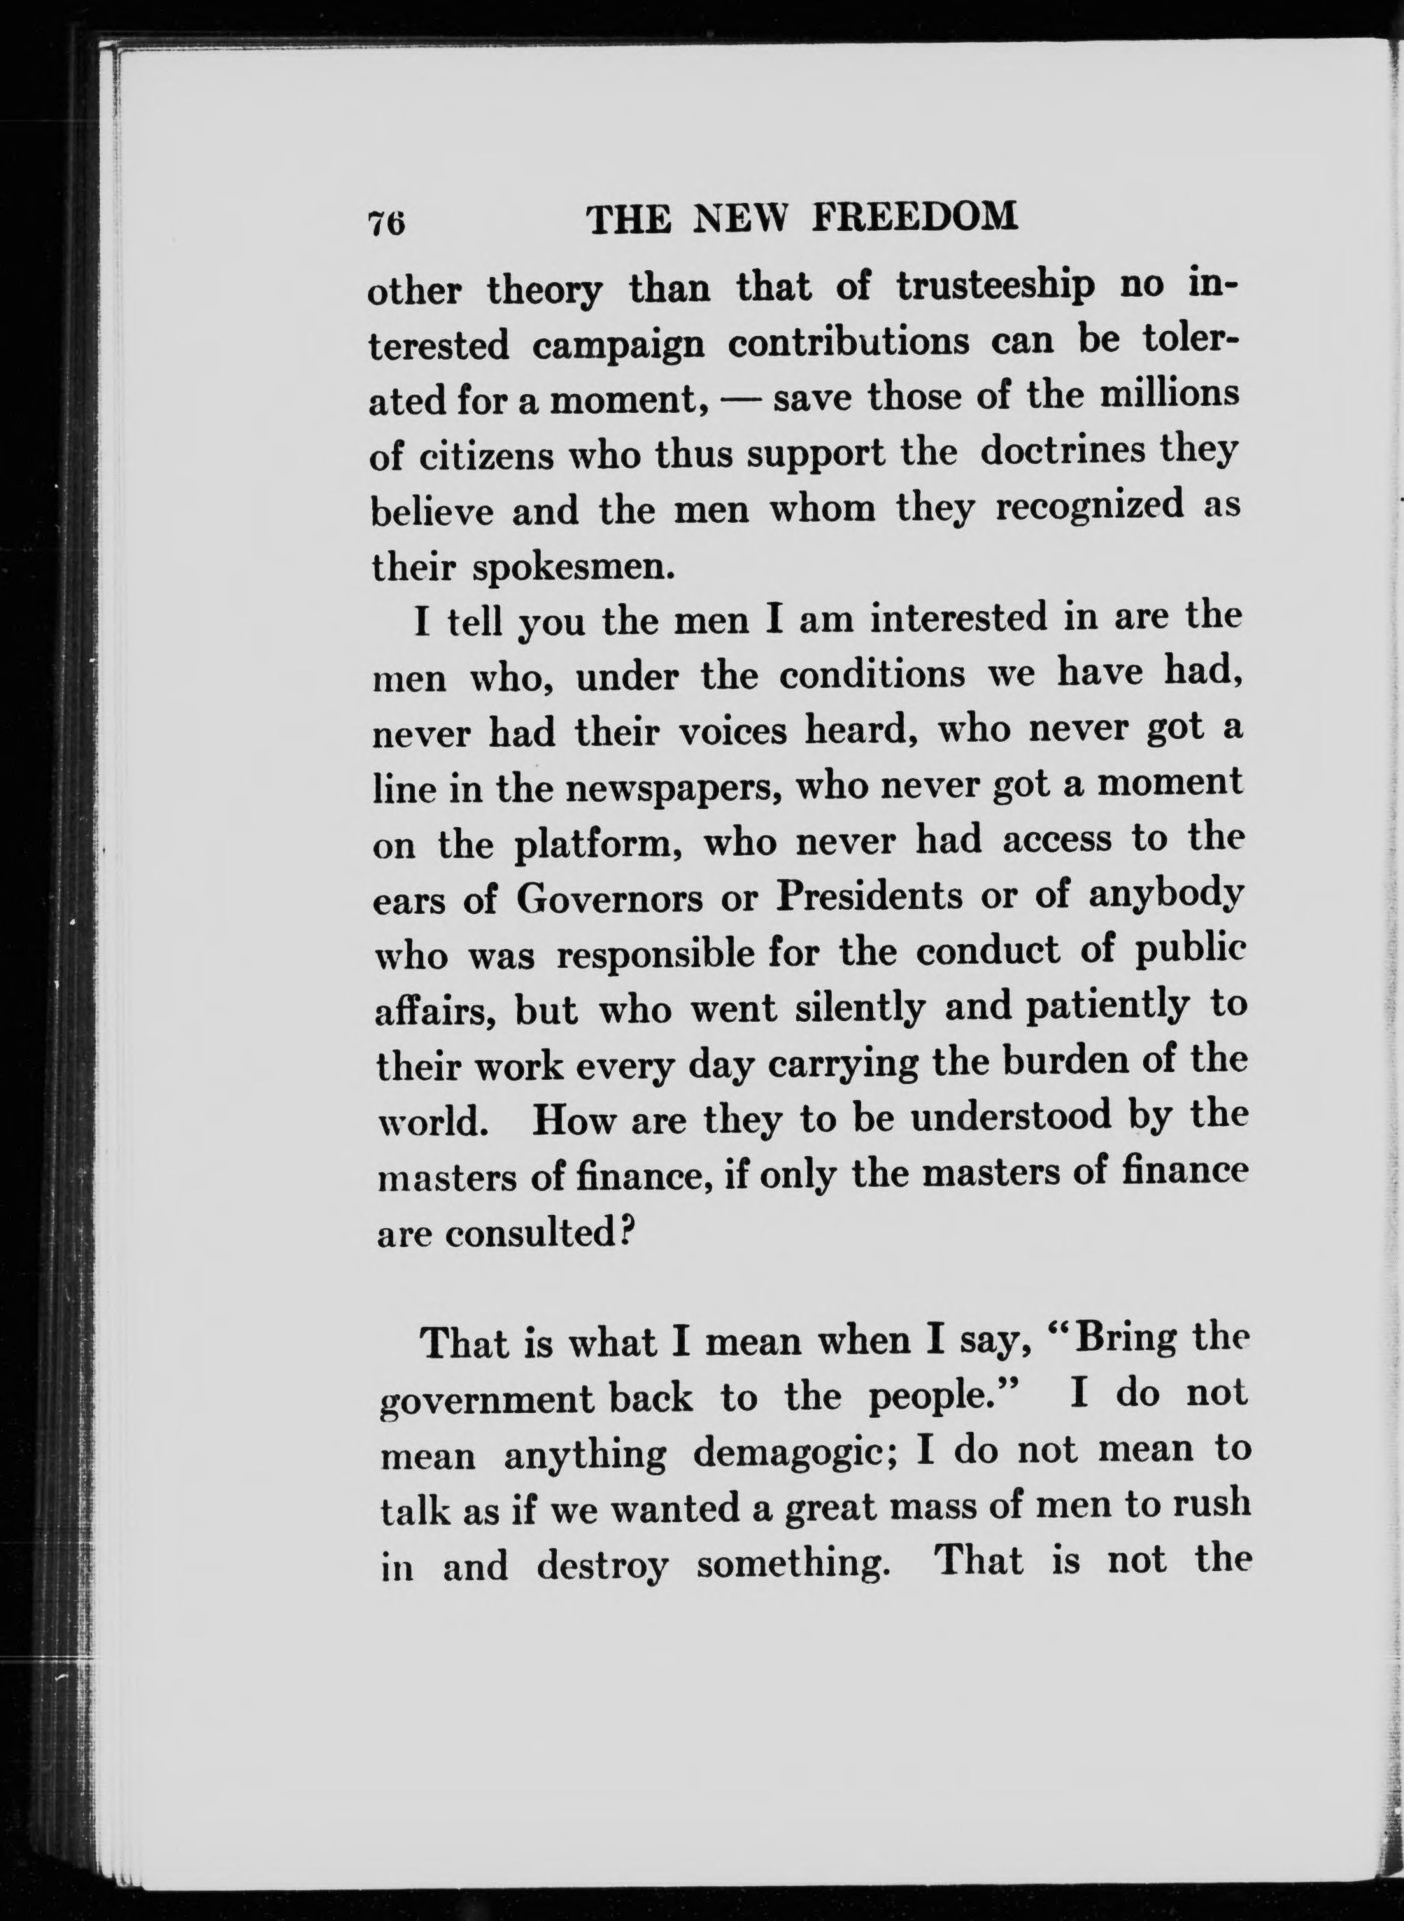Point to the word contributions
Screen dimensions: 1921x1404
click(x=849, y=342)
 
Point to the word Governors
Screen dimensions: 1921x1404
click(x=610, y=899)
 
